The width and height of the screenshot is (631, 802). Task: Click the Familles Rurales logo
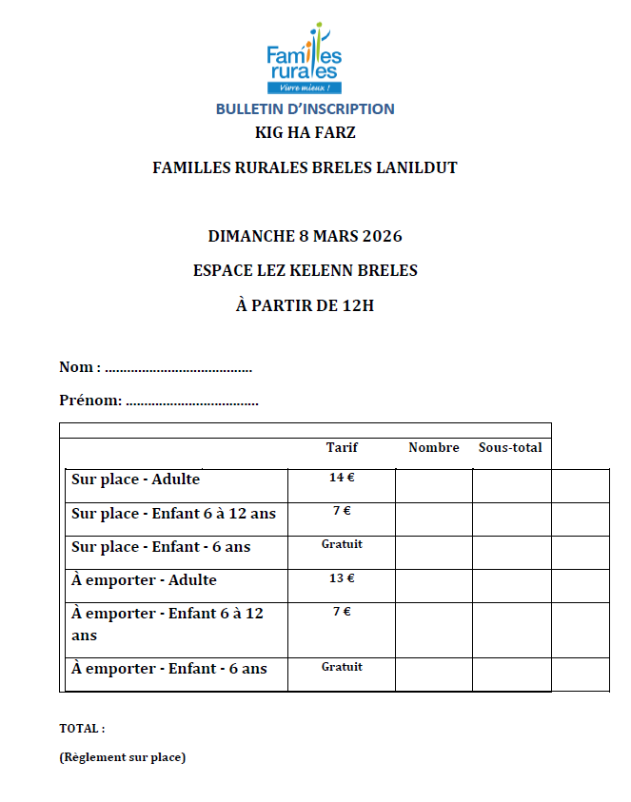click(305, 58)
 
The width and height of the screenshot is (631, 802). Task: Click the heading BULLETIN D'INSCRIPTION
click(305, 109)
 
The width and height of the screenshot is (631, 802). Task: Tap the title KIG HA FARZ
click(306, 133)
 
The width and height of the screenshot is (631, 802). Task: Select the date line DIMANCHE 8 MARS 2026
click(306, 236)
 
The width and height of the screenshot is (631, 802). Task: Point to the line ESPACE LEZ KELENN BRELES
click(306, 270)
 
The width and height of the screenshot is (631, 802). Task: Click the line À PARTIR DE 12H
click(306, 305)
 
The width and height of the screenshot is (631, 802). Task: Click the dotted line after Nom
click(178, 368)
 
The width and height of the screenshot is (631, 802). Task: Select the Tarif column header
click(342, 447)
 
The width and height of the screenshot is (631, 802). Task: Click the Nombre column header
click(433, 447)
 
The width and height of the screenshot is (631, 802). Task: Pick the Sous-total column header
click(510, 447)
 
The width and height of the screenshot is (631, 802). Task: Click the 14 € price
click(342, 478)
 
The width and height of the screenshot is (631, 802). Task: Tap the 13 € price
click(342, 577)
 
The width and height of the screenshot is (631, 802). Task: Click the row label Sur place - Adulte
click(135, 479)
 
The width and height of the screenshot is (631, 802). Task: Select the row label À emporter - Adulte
click(144, 580)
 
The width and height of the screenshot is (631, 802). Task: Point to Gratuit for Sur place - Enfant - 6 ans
click(342, 544)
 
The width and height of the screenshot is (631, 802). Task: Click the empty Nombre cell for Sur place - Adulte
click(433, 485)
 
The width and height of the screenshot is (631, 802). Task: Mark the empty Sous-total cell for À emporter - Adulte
click(511, 585)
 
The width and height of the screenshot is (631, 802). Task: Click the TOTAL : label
click(82, 729)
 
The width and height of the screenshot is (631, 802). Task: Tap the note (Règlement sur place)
click(122, 758)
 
